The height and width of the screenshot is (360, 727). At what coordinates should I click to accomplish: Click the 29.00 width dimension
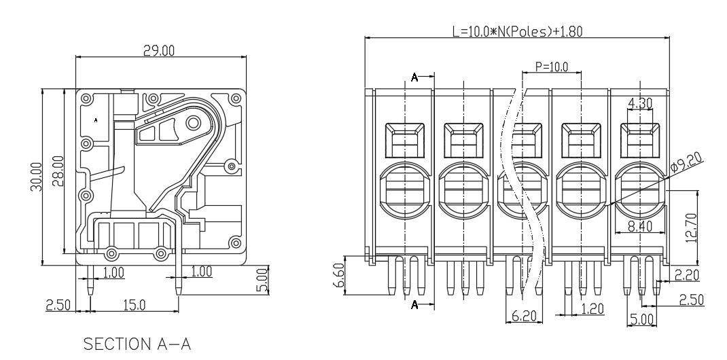point(158,50)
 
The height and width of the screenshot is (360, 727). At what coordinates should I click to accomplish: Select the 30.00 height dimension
point(37,177)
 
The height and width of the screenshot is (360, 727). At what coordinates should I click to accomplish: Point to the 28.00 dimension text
point(58,171)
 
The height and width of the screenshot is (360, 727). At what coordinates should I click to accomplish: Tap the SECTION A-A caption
point(137,344)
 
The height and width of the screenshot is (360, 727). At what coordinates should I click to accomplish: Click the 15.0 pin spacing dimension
point(135,305)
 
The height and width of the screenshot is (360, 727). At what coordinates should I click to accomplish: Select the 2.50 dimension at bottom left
point(58,305)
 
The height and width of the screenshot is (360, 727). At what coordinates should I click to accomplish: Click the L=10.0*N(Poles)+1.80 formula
point(518,31)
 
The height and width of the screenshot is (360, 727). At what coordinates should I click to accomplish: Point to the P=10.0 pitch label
point(551,67)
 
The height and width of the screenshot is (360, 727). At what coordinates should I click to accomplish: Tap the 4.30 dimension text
point(640,103)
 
